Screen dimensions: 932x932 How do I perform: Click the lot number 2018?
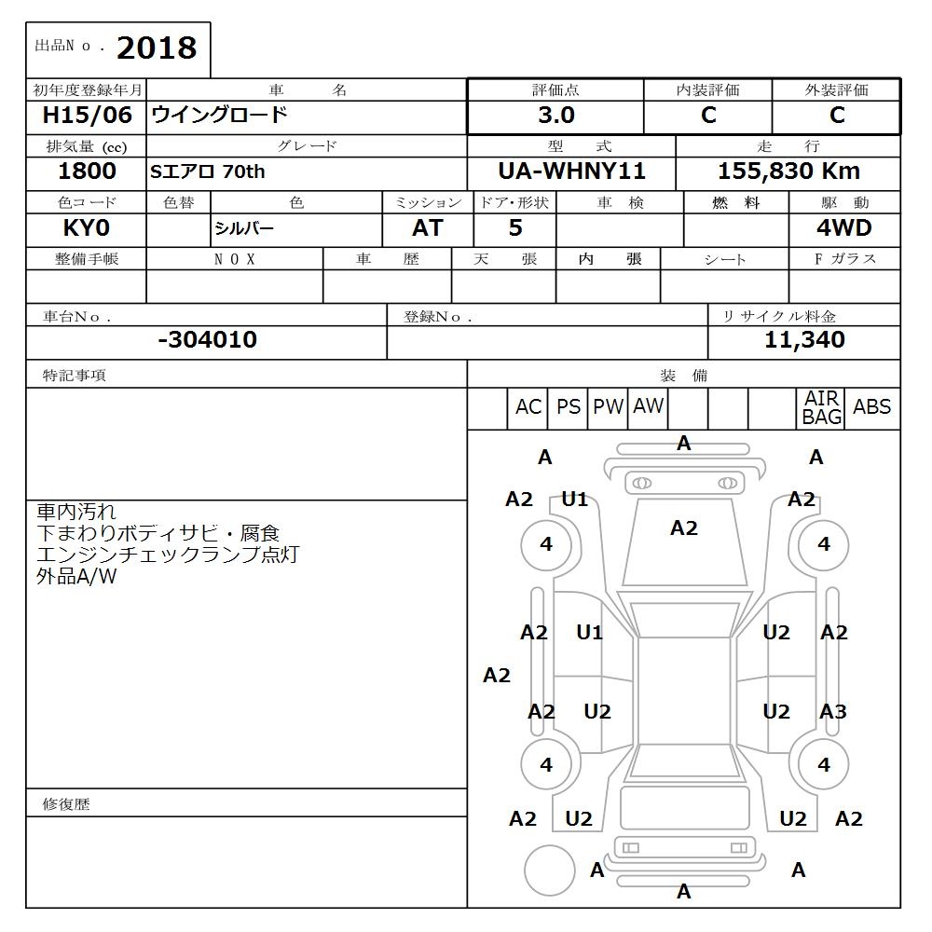(157, 48)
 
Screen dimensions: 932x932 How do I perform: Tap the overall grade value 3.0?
(556, 116)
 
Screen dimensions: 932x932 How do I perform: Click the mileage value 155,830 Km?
(788, 171)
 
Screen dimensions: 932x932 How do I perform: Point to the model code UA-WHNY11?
(571, 171)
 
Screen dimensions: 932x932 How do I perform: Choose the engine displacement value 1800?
(87, 171)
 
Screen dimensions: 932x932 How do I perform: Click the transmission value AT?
(428, 228)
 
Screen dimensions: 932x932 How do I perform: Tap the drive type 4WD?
(843, 228)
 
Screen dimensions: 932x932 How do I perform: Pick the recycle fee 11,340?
(804, 340)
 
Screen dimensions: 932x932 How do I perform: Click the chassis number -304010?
(207, 340)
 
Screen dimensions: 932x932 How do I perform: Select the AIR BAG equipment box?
(821, 408)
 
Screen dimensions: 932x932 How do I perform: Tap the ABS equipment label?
(871, 407)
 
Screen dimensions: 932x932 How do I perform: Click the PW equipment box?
(609, 407)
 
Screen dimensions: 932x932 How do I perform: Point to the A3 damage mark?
(832, 712)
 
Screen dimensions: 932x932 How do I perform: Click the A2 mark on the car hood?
(683, 528)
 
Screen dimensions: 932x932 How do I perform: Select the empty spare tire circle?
(549, 870)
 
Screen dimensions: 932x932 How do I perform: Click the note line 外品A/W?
(76, 576)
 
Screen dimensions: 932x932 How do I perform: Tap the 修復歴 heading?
(66, 803)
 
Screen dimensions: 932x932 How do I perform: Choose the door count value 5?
(514, 228)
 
